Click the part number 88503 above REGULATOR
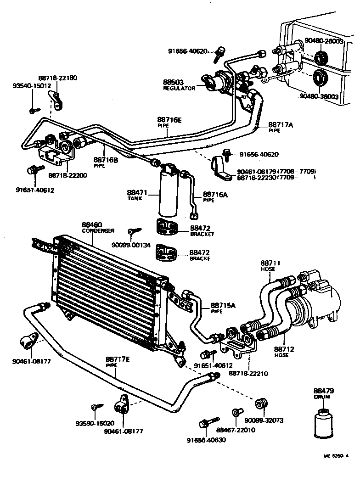pyautogui.click(x=173, y=82)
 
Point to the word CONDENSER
pyautogui.click(x=98, y=231)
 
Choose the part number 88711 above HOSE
pyautogui.click(x=270, y=263)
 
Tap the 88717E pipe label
pyautogui.click(x=118, y=359)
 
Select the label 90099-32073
pyautogui.click(x=264, y=420)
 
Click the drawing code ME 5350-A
pyautogui.click(x=336, y=456)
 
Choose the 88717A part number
pyautogui.click(x=281, y=124)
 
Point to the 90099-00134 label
pyautogui.click(x=131, y=244)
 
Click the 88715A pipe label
pyautogui.click(x=223, y=305)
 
